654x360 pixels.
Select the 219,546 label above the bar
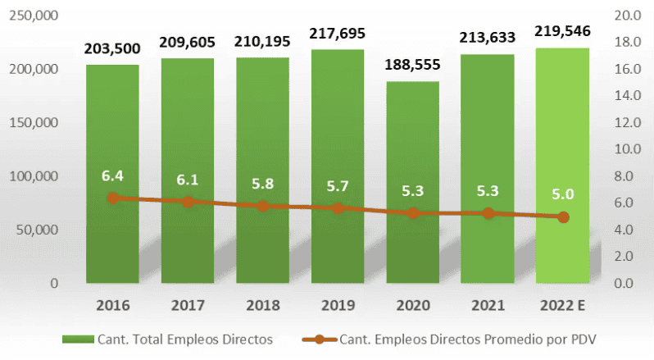[562, 32]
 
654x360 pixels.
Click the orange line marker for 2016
[113, 198]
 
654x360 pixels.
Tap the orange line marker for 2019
[338, 208]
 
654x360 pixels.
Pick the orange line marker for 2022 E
[563, 217]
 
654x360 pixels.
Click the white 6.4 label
[112, 175]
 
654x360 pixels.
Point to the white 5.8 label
[263, 185]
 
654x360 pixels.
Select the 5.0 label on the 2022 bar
[563, 194]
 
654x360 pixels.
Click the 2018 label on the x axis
[263, 306]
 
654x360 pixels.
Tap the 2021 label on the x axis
[488, 306]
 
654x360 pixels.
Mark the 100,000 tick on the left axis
[34, 176]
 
